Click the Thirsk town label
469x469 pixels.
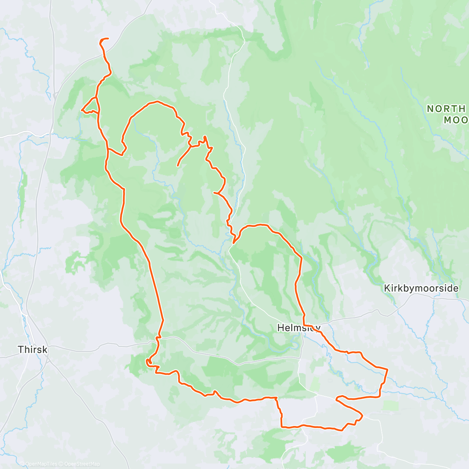click(x=33, y=349)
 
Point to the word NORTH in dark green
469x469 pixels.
click(x=446, y=109)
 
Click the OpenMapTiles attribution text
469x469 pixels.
click(x=41, y=464)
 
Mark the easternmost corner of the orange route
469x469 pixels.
click(x=387, y=369)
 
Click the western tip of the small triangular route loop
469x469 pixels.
click(x=82, y=110)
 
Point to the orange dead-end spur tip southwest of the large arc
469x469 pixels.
click(x=178, y=166)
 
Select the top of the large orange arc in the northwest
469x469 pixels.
click(x=157, y=102)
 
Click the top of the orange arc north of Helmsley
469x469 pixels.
click(x=258, y=225)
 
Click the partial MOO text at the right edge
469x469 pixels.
click(x=456, y=120)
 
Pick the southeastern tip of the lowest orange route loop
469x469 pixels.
click(x=362, y=416)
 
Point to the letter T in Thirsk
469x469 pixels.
click(x=20, y=349)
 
